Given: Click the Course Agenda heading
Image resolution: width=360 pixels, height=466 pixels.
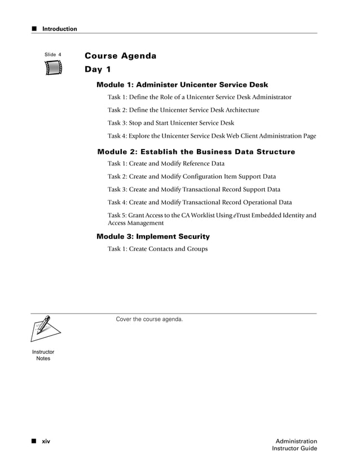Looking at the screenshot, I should click(120, 56).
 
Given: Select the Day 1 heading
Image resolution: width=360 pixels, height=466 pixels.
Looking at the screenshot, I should click(98, 70).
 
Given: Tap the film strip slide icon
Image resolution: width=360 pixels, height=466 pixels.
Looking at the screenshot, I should click(53, 68).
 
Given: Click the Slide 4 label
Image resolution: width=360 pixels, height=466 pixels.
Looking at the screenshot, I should click(52, 55).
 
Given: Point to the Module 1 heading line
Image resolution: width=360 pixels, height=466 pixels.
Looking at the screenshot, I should click(182, 85).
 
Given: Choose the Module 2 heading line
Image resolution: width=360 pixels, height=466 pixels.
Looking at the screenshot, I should click(196, 152).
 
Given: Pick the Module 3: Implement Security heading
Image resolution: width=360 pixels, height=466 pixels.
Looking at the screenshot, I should click(153, 236).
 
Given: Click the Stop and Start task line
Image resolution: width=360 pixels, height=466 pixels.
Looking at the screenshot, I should click(170, 123).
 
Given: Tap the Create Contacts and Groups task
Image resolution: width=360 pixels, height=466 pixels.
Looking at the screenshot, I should click(157, 249).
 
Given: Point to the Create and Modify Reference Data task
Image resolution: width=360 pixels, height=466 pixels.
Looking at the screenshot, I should click(166, 164).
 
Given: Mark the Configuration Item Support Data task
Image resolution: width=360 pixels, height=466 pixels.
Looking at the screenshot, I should click(192, 177).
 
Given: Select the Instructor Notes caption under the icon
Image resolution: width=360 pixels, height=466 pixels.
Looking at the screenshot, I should click(43, 355).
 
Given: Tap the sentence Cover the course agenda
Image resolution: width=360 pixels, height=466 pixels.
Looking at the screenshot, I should click(149, 319).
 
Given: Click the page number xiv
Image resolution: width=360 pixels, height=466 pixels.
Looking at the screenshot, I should click(46, 441).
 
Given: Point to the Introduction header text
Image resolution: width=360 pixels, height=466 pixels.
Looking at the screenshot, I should click(60, 29).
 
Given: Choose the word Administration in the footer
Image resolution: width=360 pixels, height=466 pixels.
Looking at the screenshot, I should click(296, 441).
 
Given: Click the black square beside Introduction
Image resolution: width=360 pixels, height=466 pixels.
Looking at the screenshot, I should click(34, 29).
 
